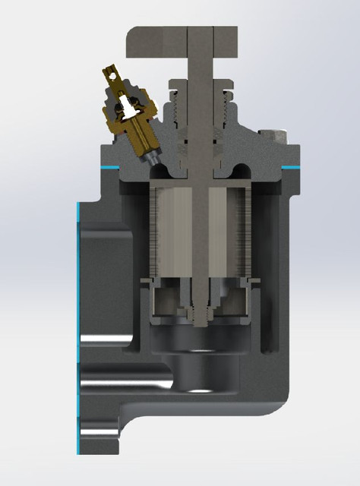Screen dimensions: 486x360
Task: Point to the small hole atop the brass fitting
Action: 112,75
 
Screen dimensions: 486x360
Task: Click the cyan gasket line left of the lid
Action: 111,166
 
